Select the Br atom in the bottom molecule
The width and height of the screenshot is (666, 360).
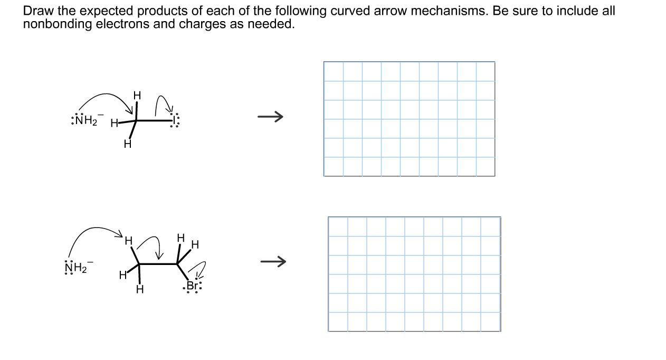pyautogui.click(x=194, y=286)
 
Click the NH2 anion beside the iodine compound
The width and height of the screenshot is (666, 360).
pyautogui.click(x=83, y=120)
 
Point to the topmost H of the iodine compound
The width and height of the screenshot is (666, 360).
pyautogui.click(x=137, y=96)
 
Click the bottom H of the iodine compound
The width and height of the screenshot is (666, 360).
pyautogui.click(x=127, y=144)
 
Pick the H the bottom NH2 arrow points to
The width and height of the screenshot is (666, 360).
pyautogui.click(x=128, y=241)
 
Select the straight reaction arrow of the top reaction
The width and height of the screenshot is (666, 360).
pyautogui.click(x=271, y=116)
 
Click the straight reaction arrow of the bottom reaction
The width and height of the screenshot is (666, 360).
pyautogui.click(x=273, y=261)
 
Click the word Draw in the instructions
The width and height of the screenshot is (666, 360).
pyautogui.click(x=36, y=11)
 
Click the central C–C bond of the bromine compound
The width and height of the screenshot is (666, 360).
pyautogui.click(x=158, y=263)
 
